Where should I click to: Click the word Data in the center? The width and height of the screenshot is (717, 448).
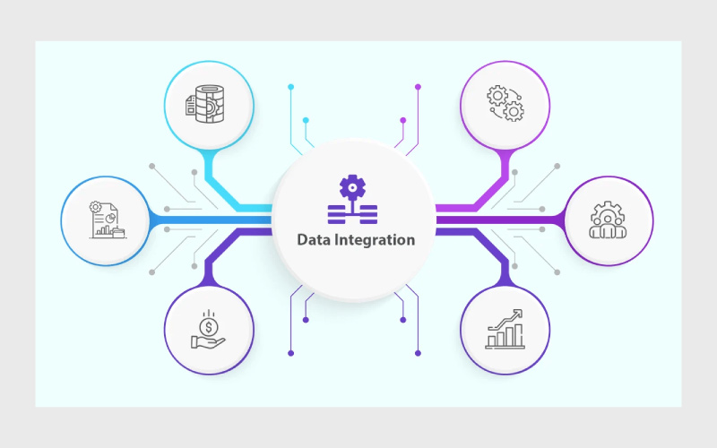click(x=315, y=239)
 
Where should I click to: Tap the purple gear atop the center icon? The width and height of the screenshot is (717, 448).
click(x=352, y=187)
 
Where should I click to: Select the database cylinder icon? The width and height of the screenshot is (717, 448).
click(x=205, y=104)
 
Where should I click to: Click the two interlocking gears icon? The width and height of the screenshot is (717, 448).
click(x=505, y=104)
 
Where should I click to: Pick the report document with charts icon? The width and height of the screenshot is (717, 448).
click(x=108, y=220)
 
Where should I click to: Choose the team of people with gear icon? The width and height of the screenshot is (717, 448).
click(x=608, y=220)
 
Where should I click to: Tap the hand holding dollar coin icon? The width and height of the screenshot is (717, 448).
click(x=208, y=330)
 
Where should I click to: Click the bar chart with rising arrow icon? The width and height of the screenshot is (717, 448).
click(x=505, y=329)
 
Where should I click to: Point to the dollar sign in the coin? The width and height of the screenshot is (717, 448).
click(x=209, y=327)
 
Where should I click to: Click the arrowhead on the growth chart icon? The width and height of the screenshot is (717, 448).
click(x=517, y=314)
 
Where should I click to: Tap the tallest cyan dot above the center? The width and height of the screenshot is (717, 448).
click(x=290, y=87)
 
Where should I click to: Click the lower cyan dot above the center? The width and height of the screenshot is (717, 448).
click(x=306, y=120)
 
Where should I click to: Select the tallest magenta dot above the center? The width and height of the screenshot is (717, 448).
click(x=418, y=87)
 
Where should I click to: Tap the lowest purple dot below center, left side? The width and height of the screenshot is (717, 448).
click(x=290, y=353)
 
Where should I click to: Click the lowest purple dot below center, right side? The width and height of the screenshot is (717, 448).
click(x=418, y=353)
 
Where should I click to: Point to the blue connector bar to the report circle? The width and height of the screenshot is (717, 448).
click(x=212, y=220)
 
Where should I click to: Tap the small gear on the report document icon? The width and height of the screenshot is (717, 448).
click(x=95, y=207)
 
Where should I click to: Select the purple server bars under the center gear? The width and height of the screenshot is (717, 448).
click(x=352, y=214)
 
